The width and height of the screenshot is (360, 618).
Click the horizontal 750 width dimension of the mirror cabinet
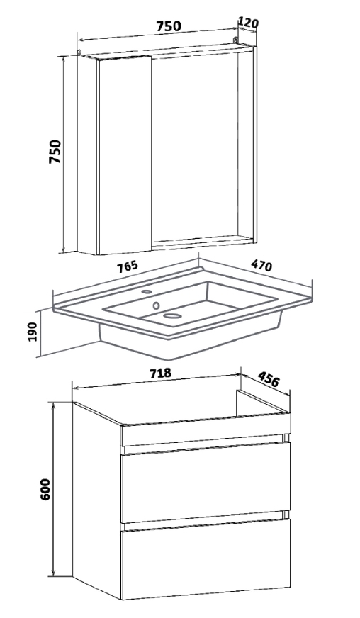pos(169,26)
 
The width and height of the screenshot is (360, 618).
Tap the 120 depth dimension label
pos(248,23)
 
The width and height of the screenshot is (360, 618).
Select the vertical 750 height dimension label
pos(55,152)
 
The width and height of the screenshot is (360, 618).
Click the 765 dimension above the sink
pos(128,266)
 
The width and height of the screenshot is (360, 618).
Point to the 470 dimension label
pos(261,266)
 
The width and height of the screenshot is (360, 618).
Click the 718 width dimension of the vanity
pos(160,373)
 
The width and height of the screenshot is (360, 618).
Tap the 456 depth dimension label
pos(269,378)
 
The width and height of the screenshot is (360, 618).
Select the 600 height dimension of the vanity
pos(45,489)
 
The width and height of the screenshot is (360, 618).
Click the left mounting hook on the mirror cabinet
pos(79,52)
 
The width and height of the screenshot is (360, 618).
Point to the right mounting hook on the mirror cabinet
pos(236,40)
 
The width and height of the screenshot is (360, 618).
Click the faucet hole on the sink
pos(147,292)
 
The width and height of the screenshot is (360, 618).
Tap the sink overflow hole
pos(157,305)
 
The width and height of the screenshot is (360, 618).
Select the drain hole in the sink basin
pos(172,315)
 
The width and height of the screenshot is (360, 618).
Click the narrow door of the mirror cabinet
pos(125,155)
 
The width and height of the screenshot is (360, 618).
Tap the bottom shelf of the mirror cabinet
pos(203,241)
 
